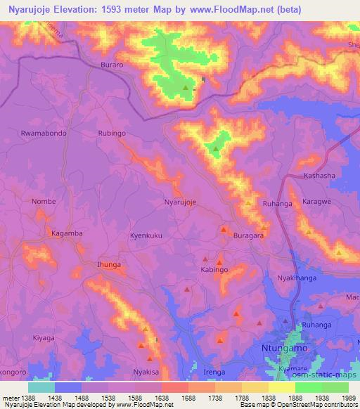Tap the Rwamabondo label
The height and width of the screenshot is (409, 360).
[44, 133]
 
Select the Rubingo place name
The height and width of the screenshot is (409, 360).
[116, 133]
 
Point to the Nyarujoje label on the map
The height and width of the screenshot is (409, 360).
[179, 202]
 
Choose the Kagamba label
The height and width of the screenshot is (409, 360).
[67, 233]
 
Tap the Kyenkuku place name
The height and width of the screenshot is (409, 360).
[146, 237]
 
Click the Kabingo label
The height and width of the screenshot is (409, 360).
[214, 269]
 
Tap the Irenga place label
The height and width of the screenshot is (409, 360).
[214, 370]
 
